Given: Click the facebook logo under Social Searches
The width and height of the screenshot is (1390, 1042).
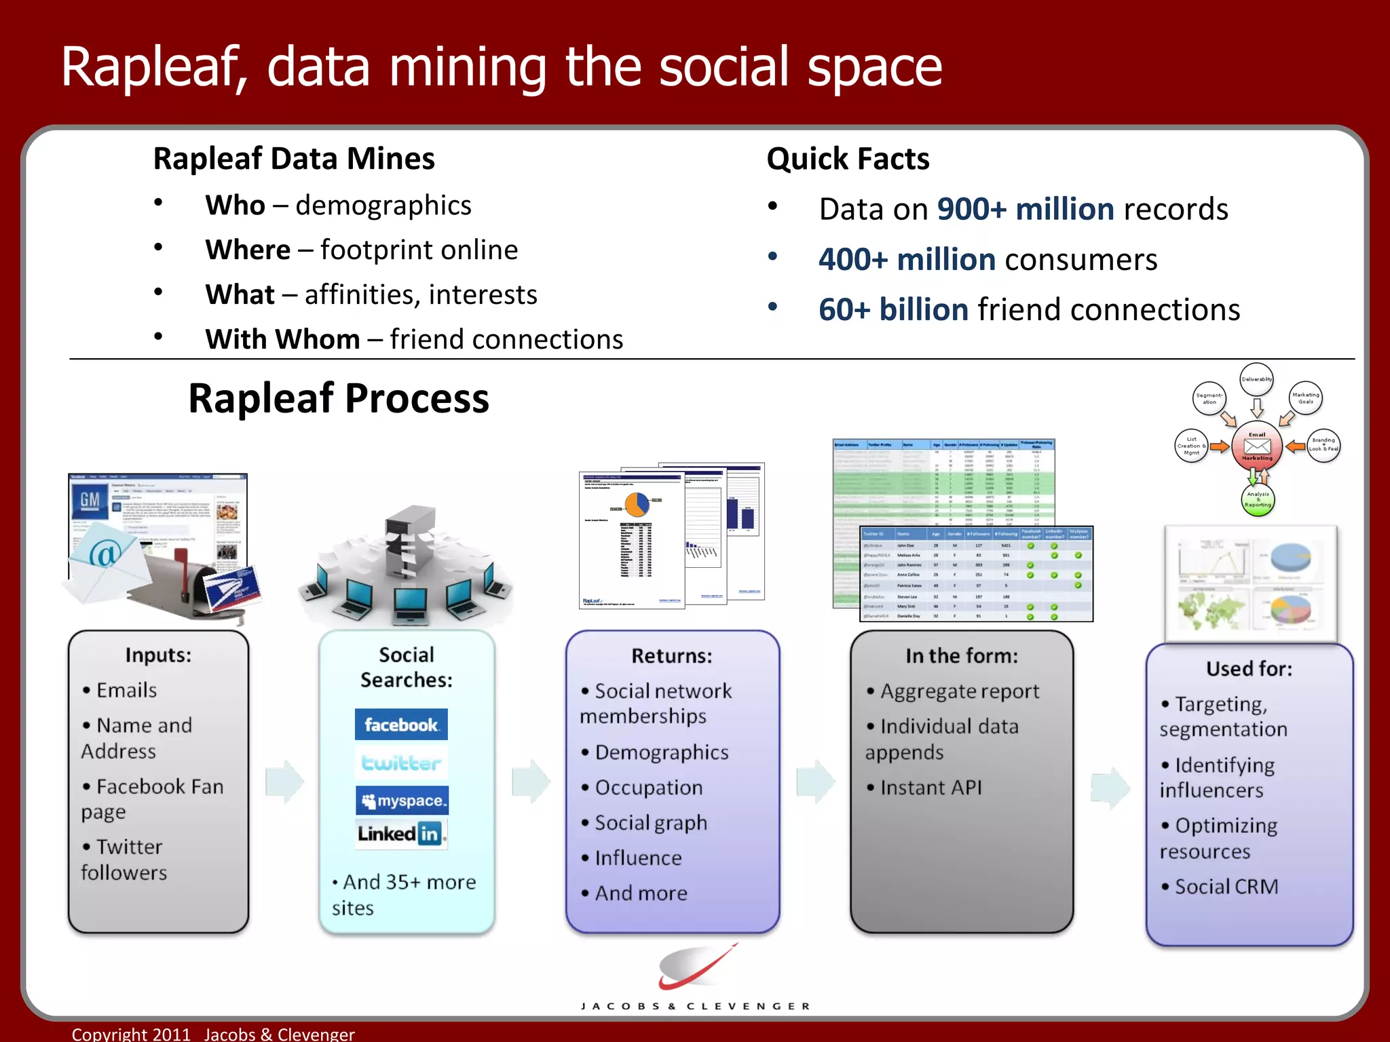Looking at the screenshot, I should coord(401,725).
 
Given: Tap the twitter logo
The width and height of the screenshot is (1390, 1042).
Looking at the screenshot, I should coord(401,763).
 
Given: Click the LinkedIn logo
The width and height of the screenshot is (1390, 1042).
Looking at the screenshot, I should coord(401,834).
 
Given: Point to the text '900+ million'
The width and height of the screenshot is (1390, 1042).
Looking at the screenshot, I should coord(1025,210).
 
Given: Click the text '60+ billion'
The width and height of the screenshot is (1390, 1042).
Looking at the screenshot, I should coord(893,310).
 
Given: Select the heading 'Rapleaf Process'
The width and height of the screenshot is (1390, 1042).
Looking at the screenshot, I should coord(339,398).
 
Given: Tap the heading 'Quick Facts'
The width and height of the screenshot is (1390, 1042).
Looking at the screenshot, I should coord(848,159).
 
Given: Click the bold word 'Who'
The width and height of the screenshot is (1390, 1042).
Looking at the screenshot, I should coord(235,206).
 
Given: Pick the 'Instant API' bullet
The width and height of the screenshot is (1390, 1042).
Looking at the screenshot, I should coord(931,788).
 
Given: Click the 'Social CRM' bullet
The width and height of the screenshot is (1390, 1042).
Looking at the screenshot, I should coord(1226,887).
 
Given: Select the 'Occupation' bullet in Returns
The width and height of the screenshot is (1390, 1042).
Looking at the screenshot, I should coord(648,788).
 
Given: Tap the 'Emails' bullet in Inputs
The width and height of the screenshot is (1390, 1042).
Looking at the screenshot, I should coord(126,691).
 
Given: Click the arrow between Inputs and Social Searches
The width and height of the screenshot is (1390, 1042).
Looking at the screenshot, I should coord(284,781).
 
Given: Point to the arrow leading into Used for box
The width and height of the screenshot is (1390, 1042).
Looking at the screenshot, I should coord(1110,788).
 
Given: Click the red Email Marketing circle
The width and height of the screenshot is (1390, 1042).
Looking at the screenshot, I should coord(1257,446).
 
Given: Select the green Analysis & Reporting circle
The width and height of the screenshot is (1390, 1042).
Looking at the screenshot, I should coord(1258,500).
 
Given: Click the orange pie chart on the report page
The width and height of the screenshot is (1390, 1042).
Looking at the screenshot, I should coord(637,504).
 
